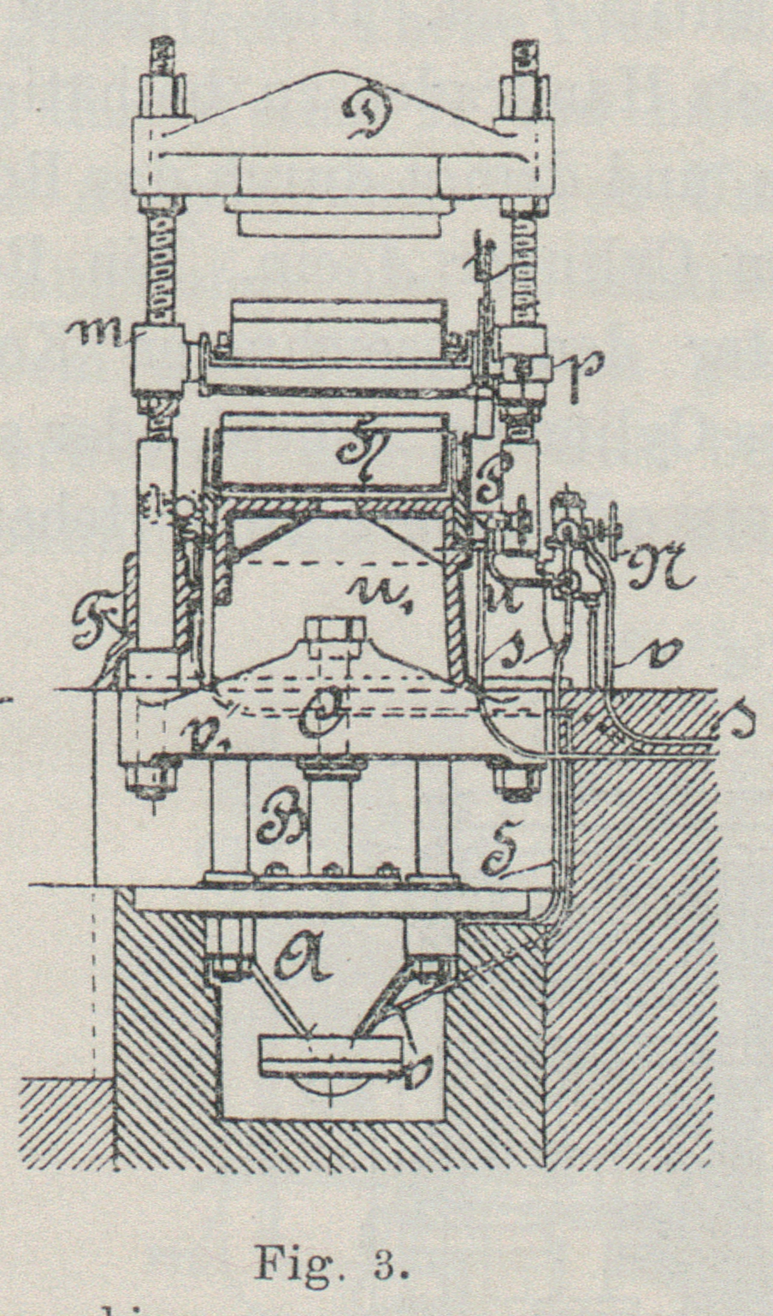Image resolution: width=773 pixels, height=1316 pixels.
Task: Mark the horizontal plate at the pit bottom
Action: point(330,1055)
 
